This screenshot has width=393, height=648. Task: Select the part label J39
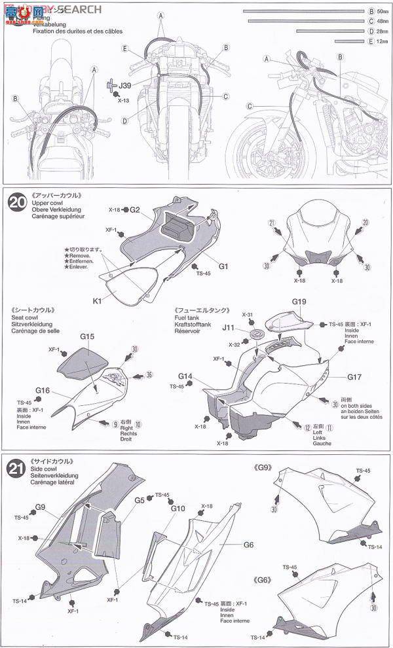[x=124, y=85]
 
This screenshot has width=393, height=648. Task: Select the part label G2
[x=134, y=209]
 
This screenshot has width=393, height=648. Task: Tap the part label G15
[x=88, y=336]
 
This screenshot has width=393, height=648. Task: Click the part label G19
[x=299, y=302]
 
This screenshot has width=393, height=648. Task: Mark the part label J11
[x=229, y=327]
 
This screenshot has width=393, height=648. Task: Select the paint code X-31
[x=248, y=315]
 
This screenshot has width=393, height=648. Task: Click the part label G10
[x=178, y=508]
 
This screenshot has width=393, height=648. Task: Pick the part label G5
[x=140, y=501]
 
